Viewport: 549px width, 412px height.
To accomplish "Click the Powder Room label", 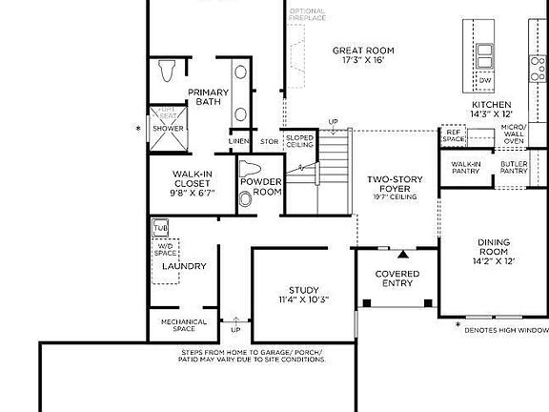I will tap(260, 187).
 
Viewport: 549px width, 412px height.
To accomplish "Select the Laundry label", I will tap(184, 266).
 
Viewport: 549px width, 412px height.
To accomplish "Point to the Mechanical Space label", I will tap(184, 325).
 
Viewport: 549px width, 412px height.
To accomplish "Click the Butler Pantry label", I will tap(514, 168).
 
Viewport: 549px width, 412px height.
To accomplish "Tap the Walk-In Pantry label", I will tap(466, 168).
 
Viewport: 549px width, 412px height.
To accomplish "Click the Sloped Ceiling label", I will tap(299, 141).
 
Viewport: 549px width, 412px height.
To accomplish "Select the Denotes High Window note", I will tap(507, 330).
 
